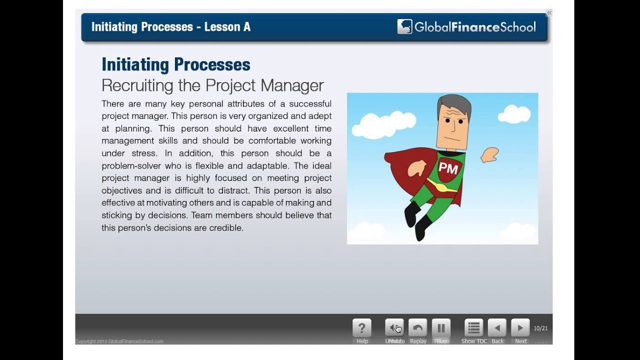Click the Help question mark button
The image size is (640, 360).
click(x=362, y=328)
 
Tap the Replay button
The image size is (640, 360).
click(x=417, y=328)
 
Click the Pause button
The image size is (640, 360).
click(x=441, y=328)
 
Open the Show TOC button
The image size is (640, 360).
click(x=473, y=328)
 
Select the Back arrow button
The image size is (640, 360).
click(x=497, y=328)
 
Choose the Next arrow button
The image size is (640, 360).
click(x=520, y=328)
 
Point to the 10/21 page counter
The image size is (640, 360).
click(x=540, y=328)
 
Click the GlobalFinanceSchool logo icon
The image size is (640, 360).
click(x=404, y=26)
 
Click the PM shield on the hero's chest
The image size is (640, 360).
click(x=448, y=168)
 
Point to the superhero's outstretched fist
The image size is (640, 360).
click(x=490, y=155)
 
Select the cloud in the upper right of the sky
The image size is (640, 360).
click(x=514, y=114)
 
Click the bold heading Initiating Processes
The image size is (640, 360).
click(x=175, y=64)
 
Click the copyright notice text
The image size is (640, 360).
click(x=119, y=341)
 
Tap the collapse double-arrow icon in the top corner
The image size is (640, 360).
click(x=549, y=13)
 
